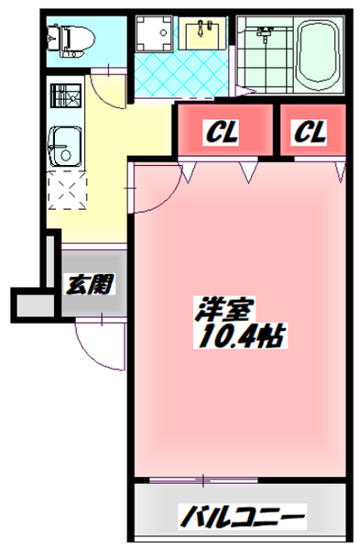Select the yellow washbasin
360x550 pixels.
coord(202,34)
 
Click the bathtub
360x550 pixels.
coord(319,54)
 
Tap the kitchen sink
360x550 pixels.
coord(65,146)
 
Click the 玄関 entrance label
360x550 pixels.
coord(89,283)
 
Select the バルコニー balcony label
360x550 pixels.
coord(241,517)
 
